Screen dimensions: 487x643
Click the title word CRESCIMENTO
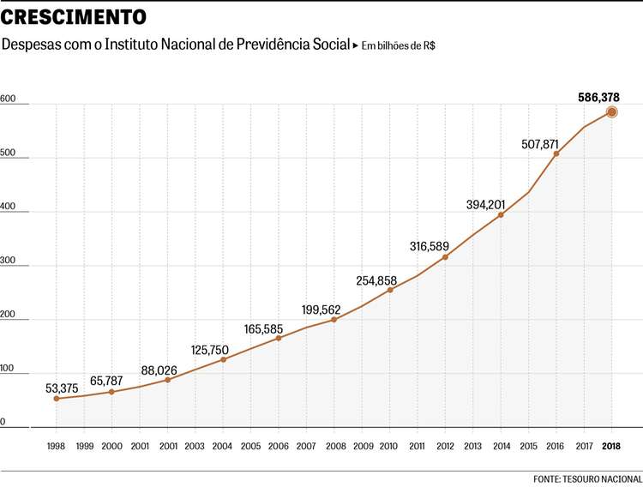[x=74, y=17]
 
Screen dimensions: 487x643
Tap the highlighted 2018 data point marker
[x=611, y=112]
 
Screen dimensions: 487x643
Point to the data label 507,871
[x=540, y=144]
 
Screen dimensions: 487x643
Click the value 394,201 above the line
[x=486, y=204]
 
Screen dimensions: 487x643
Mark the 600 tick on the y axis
[x=9, y=99]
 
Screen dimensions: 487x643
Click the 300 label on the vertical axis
[x=9, y=261]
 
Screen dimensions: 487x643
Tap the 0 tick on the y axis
[x=3, y=422]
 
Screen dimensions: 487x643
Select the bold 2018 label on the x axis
[x=611, y=446]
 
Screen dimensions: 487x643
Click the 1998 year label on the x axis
[x=57, y=446]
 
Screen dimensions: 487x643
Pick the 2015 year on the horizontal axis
[x=528, y=446]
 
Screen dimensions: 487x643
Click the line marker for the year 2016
[x=556, y=154]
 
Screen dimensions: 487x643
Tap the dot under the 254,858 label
[x=390, y=290]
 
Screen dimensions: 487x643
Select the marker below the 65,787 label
[x=112, y=392]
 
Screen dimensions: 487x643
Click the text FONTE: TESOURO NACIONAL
[x=587, y=478]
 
